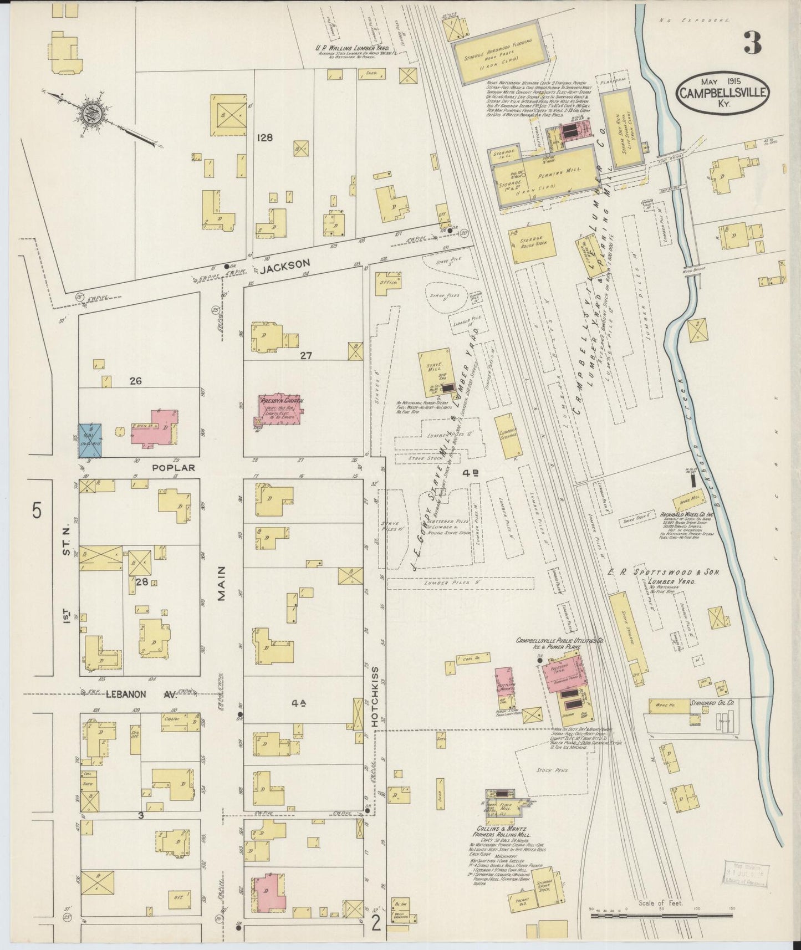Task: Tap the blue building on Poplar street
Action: click(90, 440)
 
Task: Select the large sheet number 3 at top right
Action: click(752, 43)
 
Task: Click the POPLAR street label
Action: click(174, 467)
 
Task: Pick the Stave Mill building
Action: click(437, 372)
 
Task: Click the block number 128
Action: click(264, 137)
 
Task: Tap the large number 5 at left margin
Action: click(37, 510)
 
